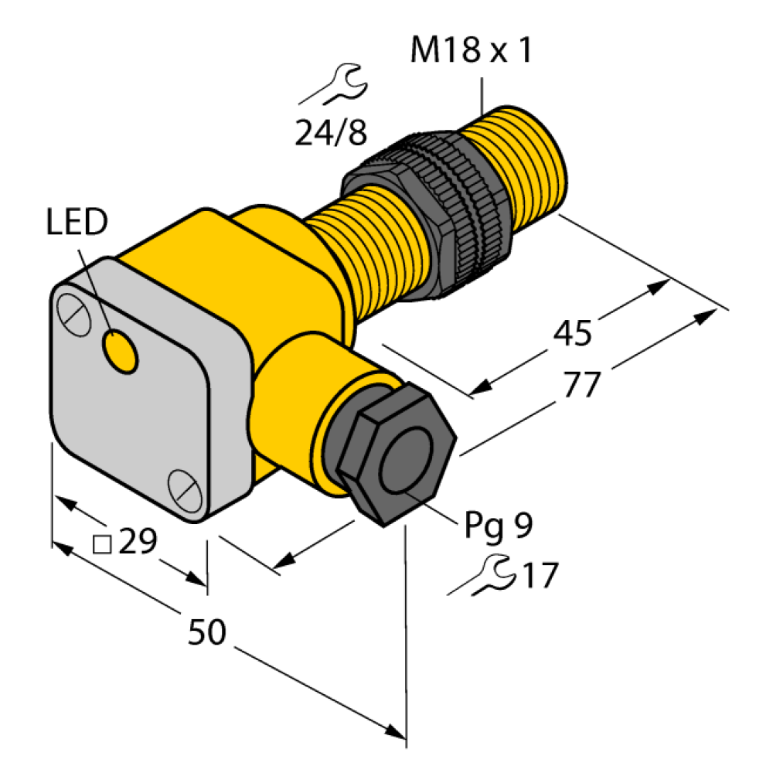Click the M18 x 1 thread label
[472, 50]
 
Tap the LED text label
[77, 221]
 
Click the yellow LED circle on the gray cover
[119, 350]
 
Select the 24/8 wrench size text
[331, 132]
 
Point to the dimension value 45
[572, 333]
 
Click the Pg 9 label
[499, 526]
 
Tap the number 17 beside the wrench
[540, 574]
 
